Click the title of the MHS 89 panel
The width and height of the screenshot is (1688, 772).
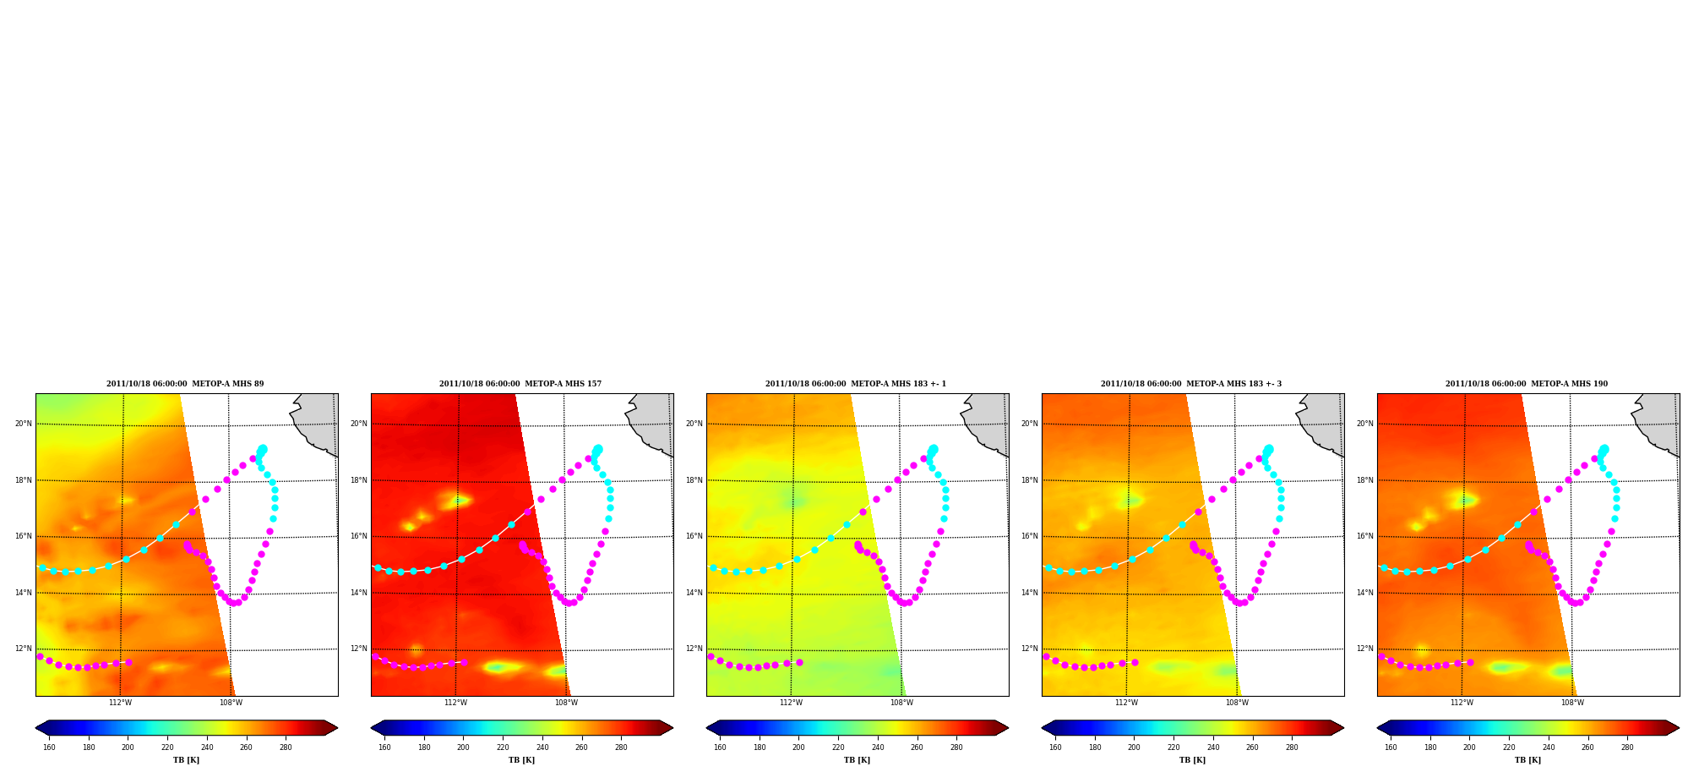coord(185,384)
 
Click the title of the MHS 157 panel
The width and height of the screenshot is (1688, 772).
coord(520,384)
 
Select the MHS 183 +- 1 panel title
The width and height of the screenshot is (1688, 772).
coord(856,384)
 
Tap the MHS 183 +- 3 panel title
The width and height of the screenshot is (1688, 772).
coord(1191,384)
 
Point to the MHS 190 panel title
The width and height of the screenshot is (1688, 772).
coord(1527,384)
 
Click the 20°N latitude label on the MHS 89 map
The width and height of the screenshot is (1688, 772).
coord(24,424)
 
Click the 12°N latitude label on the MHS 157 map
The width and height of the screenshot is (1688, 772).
coord(359,649)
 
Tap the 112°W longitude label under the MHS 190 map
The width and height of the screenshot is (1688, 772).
coord(1462,703)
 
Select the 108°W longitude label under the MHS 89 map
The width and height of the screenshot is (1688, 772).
coord(231,703)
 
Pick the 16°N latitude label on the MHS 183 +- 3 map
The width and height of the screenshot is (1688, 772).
coord(1030,536)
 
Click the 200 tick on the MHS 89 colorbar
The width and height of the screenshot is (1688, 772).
coord(128,747)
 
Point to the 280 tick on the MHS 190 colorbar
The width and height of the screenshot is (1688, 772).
coord(1627,747)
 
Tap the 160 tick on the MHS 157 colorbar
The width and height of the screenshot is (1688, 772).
coord(384,747)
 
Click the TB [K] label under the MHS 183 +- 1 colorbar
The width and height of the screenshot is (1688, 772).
coord(857,760)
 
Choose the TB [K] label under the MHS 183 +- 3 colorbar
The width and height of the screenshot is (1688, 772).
coord(1192,760)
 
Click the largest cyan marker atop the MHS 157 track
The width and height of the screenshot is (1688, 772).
coord(597,450)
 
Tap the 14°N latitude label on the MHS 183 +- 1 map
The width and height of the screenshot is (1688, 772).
coord(694,593)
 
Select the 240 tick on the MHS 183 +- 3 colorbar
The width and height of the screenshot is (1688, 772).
coord(1213,747)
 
